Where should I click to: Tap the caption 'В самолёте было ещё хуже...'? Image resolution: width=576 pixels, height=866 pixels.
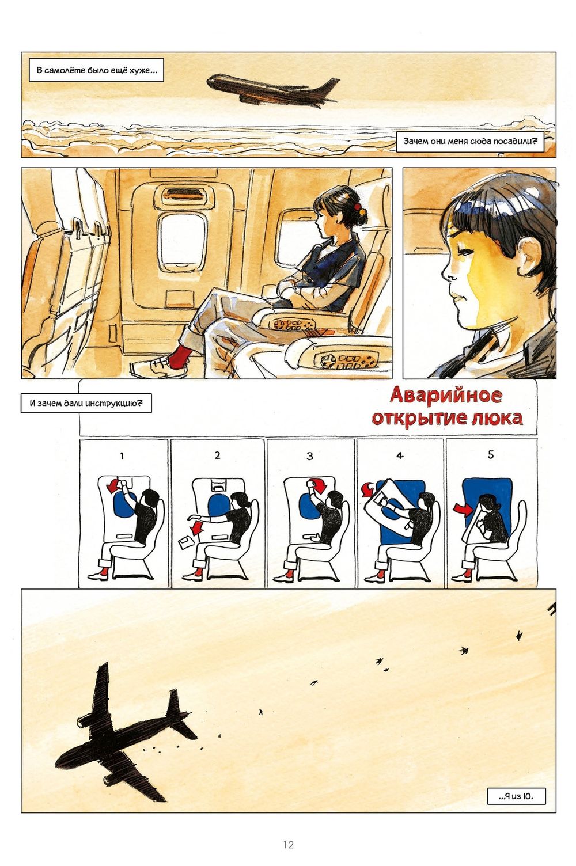(96, 72)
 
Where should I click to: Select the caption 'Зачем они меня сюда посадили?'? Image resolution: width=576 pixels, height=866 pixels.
(469, 142)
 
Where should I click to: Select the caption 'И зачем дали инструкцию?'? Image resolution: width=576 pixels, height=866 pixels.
(86, 403)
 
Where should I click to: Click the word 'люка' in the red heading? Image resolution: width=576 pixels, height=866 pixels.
(496, 417)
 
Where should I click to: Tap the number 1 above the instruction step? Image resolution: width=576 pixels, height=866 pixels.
(122, 456)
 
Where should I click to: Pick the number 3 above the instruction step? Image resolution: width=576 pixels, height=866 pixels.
(310, 456)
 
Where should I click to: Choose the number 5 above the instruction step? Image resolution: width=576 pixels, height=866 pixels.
(491, 454)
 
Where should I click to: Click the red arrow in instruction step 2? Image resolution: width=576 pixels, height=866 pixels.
(198, 527)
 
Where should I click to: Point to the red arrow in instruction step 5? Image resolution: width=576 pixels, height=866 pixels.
(460, 508)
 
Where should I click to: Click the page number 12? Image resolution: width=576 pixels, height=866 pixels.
(288, 845)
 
